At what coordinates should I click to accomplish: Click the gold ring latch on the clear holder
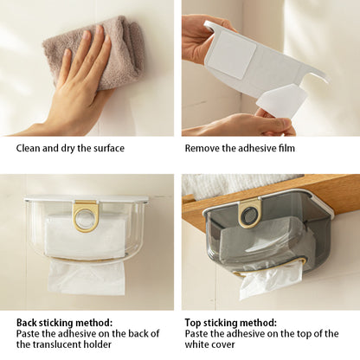click(x=87, y=215)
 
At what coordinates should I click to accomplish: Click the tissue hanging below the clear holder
click(x=87, y=277)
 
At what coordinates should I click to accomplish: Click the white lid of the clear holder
click(x=87, y=199)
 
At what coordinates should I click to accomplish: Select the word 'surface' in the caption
click(x=109, y=148)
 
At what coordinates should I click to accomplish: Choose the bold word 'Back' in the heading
click(x=27, y=323)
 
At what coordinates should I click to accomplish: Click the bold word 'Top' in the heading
click(x=193, y=323)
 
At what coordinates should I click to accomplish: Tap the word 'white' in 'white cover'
click(x=196, y=344)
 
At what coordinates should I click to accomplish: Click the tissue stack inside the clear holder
click(x=85, y=235)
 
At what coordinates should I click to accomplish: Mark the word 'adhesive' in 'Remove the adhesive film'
click(x=256, y=148)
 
